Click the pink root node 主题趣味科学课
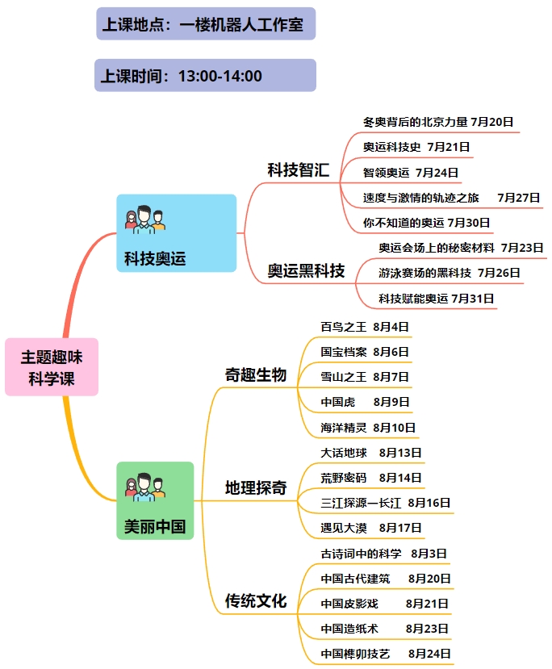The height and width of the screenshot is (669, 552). tap(52, 367)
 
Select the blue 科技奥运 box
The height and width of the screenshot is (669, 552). tap(176, 233)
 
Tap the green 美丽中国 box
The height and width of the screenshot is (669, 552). tap(155, 500)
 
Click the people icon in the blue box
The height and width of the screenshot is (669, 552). tap(145, 220)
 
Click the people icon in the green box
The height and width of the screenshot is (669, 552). tap(145, 487)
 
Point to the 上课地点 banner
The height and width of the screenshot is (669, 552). tap(206, 24)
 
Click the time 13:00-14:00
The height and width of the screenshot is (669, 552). tap(220, 76)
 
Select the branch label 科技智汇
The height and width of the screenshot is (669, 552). tap(298, 169)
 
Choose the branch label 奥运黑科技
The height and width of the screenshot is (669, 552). tap(306, 270)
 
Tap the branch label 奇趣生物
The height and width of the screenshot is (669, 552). tap(256, 374)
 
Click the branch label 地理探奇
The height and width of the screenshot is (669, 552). tap(256, 487)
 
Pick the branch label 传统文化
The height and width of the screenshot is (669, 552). tap(256, 600)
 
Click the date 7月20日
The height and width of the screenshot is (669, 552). tap(491, 122)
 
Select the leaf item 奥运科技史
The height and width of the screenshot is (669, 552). tap(391, 147)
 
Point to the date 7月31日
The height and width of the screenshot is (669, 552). tap(473, 299)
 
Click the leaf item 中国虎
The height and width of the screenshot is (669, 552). tap(338, 402)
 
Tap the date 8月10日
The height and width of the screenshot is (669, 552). tap(394, 427)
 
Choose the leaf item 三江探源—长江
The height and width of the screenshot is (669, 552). tap(361, 503)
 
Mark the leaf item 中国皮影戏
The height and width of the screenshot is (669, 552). tap(349, 604)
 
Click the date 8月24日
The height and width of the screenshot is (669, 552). tap(429, 653)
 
